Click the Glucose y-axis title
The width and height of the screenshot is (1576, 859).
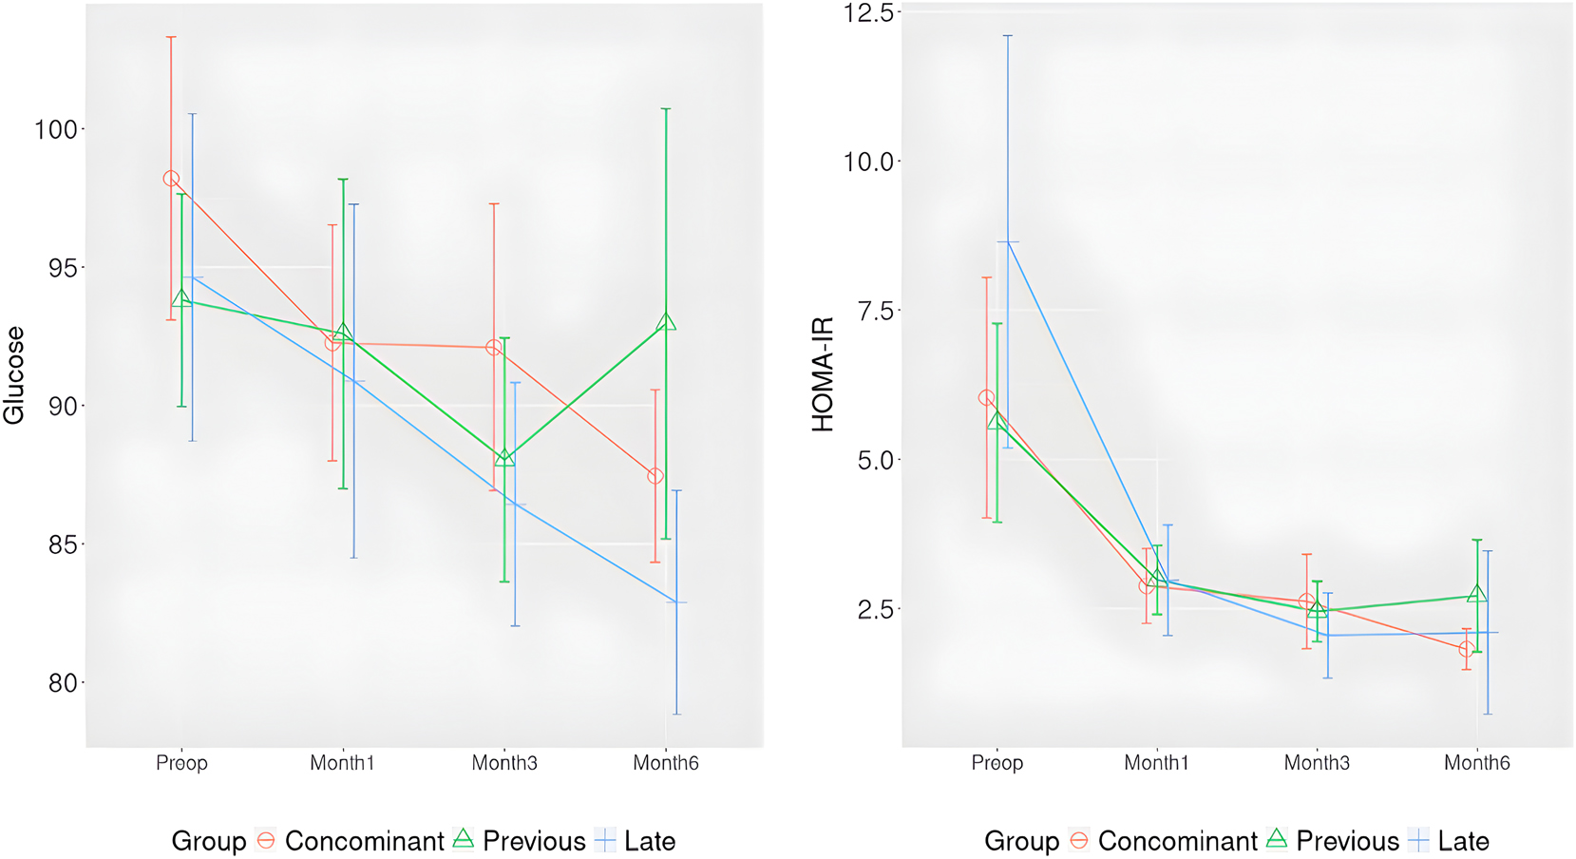[x=14, y=375]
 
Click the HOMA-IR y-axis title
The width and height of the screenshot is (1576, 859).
[x=823, y=375]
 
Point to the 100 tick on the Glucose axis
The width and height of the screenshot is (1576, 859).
[x=56, y=129]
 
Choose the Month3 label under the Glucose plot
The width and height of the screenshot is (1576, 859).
[x=504, y=763]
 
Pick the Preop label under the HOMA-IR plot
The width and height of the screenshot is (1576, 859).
[x=997, y=763]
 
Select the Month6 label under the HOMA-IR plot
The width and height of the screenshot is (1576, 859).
[x=1476, y=763]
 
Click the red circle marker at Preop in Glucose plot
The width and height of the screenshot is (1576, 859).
[x=171, y=179]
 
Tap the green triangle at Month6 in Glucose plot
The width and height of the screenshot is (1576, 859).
[x=666, y=323]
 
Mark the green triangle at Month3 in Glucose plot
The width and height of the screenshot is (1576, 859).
[x=504, y=458]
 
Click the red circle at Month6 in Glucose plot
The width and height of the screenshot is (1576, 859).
[x=655, y=476]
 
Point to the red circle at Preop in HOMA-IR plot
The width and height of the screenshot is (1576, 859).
[x=986, y=398]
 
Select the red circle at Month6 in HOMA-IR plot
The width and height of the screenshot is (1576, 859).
[x=1467, y=649]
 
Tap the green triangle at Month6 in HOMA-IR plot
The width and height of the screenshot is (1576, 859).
[x=1477, y=595]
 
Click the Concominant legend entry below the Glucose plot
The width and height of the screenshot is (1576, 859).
[x=364, y=841]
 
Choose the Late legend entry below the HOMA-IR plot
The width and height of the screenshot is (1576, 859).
[x=1463, y=841]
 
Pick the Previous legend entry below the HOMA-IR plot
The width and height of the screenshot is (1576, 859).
[x=1347, y=841]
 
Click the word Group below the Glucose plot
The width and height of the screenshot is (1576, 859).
[x=208, y=841]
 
